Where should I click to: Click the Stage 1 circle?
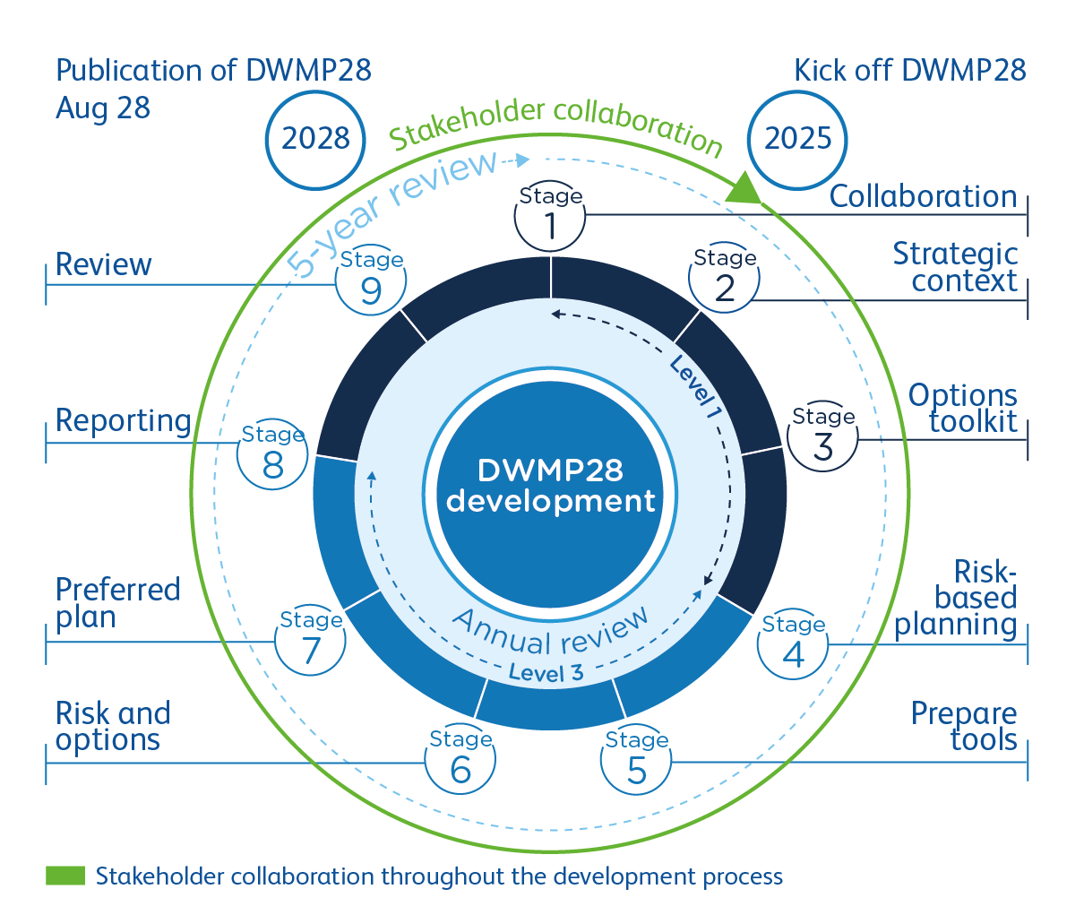click(x=550, y=218)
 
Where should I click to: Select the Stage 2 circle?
click(x=724, y=279)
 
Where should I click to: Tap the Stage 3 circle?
click(x=822, y=437)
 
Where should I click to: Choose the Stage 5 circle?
click(x=635, y=761)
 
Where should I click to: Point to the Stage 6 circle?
click(x=460, y=760)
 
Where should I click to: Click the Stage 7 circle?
click(x=310, y=642)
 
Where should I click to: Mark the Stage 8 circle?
click(x=272, y=455)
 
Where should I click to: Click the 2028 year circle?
click(x=315, y=139)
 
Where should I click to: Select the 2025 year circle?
click(x=797, y=139)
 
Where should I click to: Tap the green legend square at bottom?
click(x=65, y=876)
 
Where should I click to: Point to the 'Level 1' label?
click(x=696, y=388)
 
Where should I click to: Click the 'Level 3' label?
click(x=546, y=672)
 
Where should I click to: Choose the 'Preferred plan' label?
click(x=117, y=603)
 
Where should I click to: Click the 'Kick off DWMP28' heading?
click(x=909, y=71)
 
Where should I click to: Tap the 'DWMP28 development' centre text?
click(x=550, y=486)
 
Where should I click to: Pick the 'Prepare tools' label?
click(x=964, y=727)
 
